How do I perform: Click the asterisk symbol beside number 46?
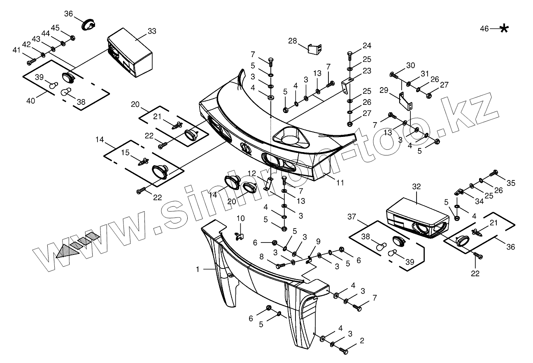(x=504, y=28)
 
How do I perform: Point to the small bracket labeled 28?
(x=315, y=49)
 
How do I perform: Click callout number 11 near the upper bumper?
(x=340, y=182)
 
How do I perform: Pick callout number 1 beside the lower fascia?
(x=198, y=269)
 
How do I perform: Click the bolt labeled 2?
(x=344, y=350)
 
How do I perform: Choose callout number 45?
(x=55, y=28)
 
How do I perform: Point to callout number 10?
(x=240, y=218)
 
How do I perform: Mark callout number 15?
(x=126, y=152)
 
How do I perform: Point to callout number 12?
(x=252, y=173)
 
